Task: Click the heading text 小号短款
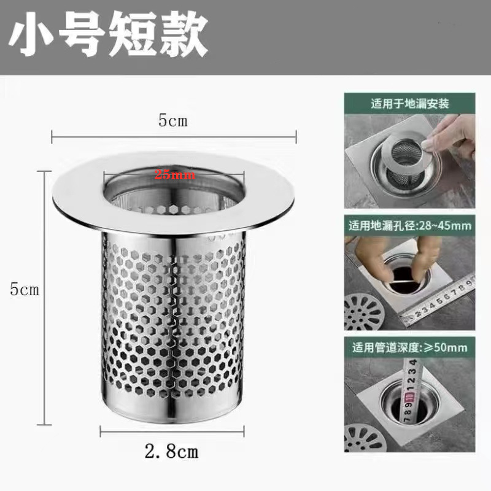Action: pyautogui.click(x=108, y=37)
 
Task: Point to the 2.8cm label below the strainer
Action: pyautogui.click(x=172, y=453)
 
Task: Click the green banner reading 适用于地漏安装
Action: pyautogui.click(x=409, y=103)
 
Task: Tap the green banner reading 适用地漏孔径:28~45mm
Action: pyautogui.click(x=409, y=225)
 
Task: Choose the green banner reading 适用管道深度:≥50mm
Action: pyautogui.click(x=409, y=348)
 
